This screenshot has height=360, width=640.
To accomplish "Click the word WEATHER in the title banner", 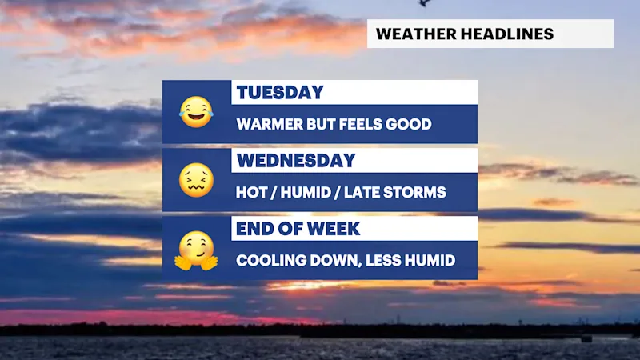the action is tap(416, 34).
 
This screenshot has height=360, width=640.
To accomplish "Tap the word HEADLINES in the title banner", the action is tap(507, 34).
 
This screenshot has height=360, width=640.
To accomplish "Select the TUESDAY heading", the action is tap(280, 93).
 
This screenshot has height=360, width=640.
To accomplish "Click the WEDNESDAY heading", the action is tap(296, 161).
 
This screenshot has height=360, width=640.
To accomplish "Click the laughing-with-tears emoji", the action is tap(196, 112).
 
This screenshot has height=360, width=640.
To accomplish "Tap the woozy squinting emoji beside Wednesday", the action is tap(196, 180).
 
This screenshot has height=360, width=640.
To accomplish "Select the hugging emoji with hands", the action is tap(196, 250).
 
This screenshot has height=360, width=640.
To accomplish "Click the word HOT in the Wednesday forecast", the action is tap(251, 192).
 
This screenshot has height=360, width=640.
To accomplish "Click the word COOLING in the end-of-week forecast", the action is tap(271, 261).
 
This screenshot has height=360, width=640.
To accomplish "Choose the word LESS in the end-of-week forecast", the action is tap(384, 261).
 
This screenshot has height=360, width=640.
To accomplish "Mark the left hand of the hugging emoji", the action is tap(183, 262).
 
